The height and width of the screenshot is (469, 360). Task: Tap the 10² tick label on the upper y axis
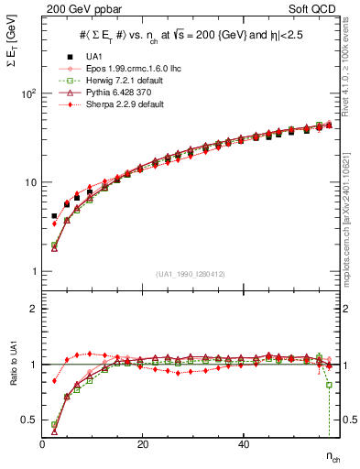28,94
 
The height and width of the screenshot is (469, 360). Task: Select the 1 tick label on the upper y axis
34,272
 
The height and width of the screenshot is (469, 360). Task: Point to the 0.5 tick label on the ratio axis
29,420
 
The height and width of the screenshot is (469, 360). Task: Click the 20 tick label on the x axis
143,444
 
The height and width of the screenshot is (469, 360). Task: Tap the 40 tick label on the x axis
243,444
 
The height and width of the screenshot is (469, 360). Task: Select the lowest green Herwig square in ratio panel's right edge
329,385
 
